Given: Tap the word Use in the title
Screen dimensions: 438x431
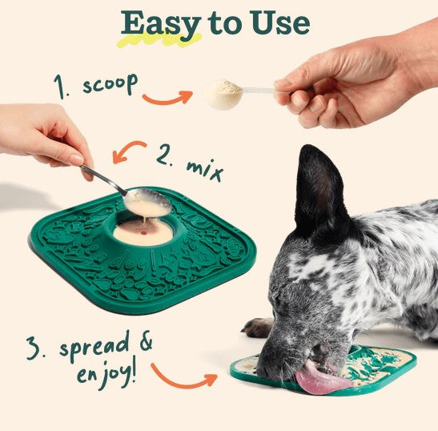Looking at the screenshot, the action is click(x=280, y=23).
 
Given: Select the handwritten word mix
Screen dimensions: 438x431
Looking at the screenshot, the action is click(x=205, y=169).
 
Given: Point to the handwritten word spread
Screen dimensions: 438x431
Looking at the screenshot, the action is click(x=95, y=346).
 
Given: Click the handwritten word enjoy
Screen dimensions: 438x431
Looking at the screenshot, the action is click(x=107, y=373).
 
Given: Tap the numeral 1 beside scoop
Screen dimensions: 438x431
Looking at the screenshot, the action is click(x=60, y=86).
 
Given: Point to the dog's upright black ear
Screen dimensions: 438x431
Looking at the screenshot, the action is click(x=319, y=190).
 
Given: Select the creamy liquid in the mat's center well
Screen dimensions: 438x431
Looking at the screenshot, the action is click(x=143, y=232).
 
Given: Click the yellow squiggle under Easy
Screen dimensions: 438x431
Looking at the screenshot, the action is click(x=160, y=41).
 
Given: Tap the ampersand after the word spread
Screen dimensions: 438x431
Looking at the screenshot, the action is click(x=146, y=340).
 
